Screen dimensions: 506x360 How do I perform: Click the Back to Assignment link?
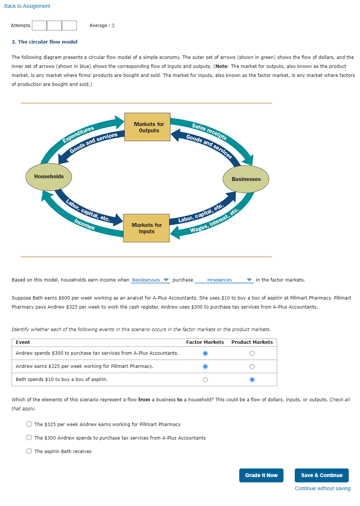pyautogui.click(x=27, y=6)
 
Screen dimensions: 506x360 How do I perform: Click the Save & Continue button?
pyautogui.click(x=321, y=475)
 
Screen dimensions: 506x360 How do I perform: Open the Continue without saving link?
pyautogui.click(x=322, y=488)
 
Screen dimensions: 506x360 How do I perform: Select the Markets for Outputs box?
pyautogui.click(x=147, y=127)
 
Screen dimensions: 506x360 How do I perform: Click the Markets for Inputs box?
pyautogui.click(x=146, y=228)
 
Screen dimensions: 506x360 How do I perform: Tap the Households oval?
pyautogui.click(x=49, y=177)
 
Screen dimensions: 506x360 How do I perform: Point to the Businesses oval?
pyautogui.click(x=246, y=179)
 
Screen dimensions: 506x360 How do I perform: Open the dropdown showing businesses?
pyautogui.click(x=150, y=280)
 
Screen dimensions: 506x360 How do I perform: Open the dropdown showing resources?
pyautogui.click(x=223, y=280)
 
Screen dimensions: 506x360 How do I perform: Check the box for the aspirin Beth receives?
pyautogui.click(x=29, y=451)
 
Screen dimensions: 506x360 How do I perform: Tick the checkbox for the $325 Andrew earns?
pyautogui.click(x=29, y=424)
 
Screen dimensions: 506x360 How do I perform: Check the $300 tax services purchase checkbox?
pyautogui.click(x=29, y=438)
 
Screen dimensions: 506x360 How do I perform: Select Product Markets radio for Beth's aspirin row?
pyautogui.click(x=252, y=379)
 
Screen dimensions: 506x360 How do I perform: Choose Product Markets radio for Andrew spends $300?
pyautogui.click(x=252, y=353)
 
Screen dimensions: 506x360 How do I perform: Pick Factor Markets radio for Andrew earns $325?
pyautogui.click(x=205, y=366)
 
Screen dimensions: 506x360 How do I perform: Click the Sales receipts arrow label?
pyautogui.click(x=209, y=131)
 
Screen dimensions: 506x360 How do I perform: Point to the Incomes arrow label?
pyautogui.click(x=84, y=224)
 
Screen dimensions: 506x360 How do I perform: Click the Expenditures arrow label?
pyautogui.click(x=78, y=134)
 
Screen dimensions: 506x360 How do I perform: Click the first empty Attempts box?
pyautogui.click(x=39, y=26)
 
